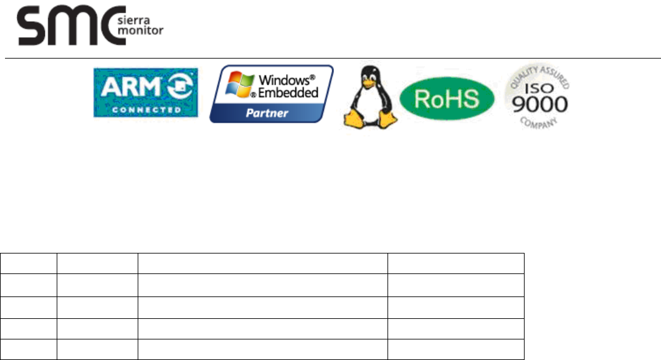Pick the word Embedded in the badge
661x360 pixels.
pyautogui.click(x=288, y=92)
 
